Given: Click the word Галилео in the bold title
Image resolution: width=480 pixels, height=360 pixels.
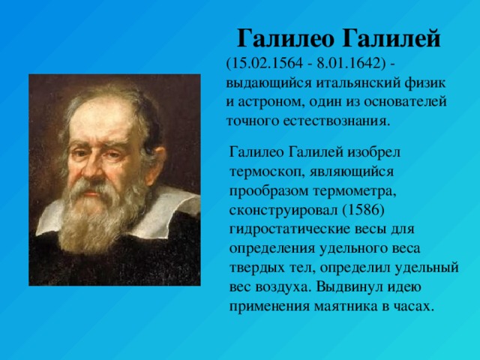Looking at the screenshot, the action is (285, 39).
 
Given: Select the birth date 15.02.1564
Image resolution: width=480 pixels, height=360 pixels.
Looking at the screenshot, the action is (267, 64).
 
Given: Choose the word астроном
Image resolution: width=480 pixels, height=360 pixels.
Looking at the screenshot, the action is (270, 103).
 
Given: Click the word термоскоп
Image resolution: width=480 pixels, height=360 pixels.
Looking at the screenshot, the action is (266, 172).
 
